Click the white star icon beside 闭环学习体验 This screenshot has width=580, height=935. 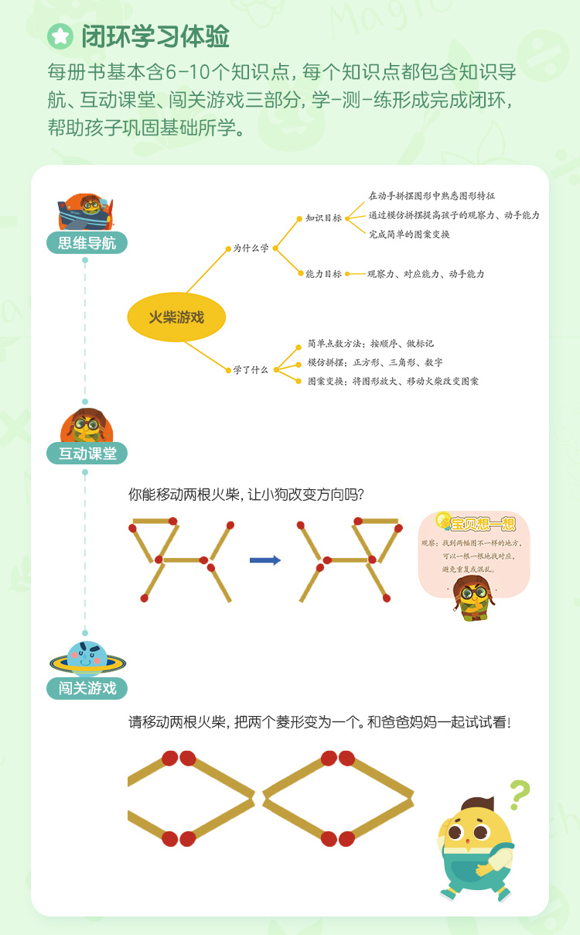60,36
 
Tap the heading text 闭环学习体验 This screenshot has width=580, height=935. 155,36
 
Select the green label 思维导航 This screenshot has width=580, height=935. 87,243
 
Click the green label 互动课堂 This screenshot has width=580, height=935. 87,454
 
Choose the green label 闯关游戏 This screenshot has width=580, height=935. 87,688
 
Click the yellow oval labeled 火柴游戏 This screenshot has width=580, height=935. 176,317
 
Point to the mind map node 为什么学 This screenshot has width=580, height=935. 251,248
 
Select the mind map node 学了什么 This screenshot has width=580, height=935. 251,370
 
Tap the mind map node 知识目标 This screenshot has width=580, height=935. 323,218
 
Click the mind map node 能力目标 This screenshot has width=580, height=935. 323,274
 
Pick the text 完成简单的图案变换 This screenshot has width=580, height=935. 409,234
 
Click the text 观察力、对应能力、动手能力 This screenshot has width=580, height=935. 425,274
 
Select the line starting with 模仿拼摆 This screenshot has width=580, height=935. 375,362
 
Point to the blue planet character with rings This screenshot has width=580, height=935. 87,659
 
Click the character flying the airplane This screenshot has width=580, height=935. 87,211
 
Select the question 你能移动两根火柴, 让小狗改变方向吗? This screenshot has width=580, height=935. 247,494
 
